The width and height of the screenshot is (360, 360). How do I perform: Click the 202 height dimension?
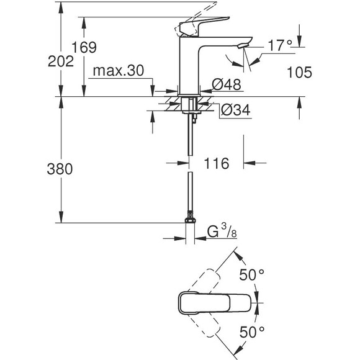(x=61, y=61)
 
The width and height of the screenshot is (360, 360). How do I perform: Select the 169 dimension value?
(x=84, y=47)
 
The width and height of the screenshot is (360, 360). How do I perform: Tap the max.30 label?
(x=119, y=71)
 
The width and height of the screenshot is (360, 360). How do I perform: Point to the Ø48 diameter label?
(x=227, y=84)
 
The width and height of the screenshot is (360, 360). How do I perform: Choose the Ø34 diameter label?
(x=236, y=110)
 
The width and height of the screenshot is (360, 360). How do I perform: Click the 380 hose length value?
(x=60, y=169)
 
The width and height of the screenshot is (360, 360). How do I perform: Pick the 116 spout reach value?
(x=216, y=163)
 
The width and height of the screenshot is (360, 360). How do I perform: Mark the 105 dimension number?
(x=300, y=73)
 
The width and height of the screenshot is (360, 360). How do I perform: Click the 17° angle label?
(x=280, y=45)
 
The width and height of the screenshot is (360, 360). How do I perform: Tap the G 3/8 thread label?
(x=222, y=231)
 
